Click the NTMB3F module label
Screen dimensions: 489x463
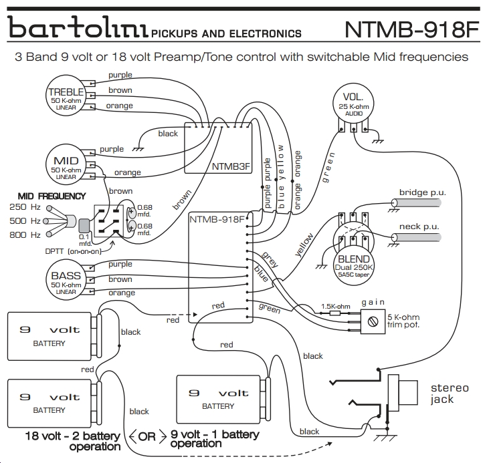coord(231,166)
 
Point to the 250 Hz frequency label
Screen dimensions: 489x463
coord(25,207)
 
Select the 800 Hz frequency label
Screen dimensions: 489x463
coord(25,235)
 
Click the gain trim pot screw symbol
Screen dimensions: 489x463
coord(373,321)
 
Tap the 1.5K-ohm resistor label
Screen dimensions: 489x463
coord(336,307)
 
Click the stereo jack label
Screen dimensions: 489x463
coord(450,394)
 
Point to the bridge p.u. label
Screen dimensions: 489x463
coord(423,192)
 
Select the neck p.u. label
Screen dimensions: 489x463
coord(419,227)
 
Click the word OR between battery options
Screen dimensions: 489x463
coord(147,436)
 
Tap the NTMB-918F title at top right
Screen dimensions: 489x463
coord(411,29)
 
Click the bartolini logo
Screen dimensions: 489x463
coord(78,27)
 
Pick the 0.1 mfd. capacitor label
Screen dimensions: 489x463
coord(85,240)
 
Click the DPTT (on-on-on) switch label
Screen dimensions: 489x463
coord(74,251)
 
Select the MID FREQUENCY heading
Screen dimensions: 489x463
coord(52,196)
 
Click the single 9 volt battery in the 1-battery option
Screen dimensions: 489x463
coord(218,400)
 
